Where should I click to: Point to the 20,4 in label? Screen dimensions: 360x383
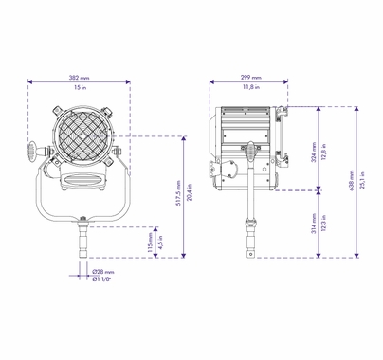(x=190, y=196)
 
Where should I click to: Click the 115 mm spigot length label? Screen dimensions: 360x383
(x=150, y=242)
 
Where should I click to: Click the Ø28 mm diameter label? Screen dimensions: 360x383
(x=103, y=271)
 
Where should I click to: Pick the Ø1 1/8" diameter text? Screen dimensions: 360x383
(x=103, y=279)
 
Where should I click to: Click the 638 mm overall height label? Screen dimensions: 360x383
(x=353, y=182)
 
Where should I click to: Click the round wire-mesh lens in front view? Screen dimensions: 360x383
(x=81, y=135)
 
